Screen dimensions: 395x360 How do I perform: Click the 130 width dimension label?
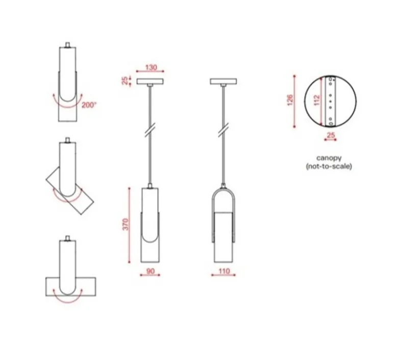click(151, 67)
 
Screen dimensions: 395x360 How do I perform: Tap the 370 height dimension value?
click(126, 224)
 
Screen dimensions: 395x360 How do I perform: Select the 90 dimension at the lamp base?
click(150, 271)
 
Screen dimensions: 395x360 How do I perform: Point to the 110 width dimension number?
click(224, 271)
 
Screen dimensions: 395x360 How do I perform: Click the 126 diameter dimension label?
click(290, 100)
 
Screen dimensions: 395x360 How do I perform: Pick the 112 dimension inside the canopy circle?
click(317, 100)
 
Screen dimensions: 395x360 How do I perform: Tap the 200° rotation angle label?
click(89, 105)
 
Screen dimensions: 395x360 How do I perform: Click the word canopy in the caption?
click(329, 158)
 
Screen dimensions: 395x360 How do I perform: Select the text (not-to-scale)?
click(329, 166)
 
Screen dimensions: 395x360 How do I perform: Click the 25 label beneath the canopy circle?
click(331, 135)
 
